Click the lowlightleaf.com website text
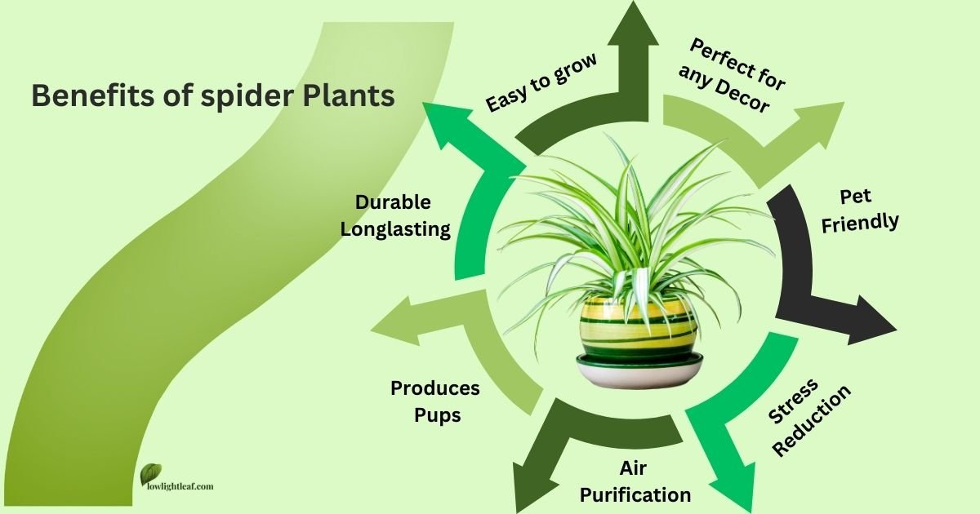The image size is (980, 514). tap(176, 486)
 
